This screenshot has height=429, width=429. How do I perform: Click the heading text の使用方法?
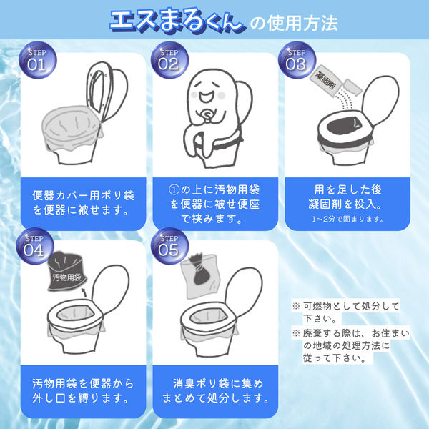coord(294,23)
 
